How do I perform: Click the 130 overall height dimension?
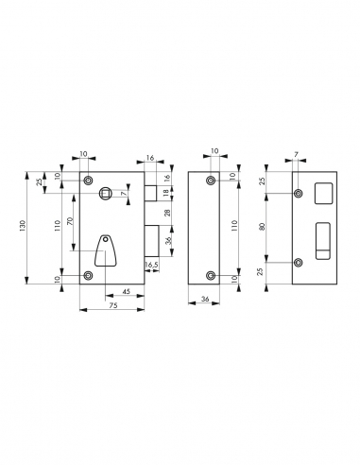[28, 226]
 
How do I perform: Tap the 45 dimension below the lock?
[125, 292]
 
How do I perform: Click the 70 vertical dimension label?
[70, 226]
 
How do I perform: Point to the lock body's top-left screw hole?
[88, 180]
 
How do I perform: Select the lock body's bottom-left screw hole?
[88, 275]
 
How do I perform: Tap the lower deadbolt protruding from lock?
[150, 240]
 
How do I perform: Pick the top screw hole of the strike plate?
[299, 194]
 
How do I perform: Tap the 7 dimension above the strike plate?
[296, 153]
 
